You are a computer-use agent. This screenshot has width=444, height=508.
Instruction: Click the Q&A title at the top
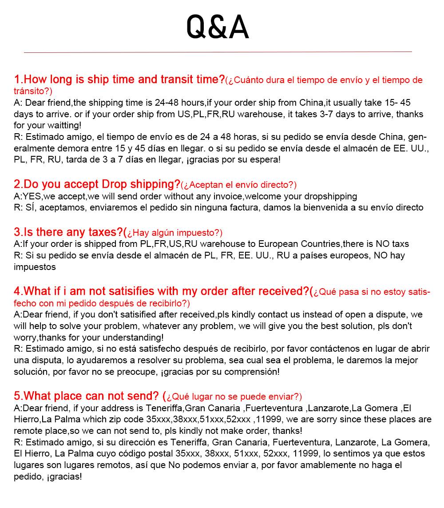click(x=218, y=27)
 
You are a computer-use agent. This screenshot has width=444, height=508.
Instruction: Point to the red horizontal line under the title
click(x=218, y=52)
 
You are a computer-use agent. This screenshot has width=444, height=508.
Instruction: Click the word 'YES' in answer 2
click(x=32, y=196)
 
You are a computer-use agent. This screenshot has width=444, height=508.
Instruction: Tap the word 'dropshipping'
click(x=331, y=196)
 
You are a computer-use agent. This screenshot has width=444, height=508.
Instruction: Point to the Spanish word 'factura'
click(x=243, y=207)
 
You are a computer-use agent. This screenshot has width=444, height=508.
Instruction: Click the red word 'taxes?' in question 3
click(x=106, y=232)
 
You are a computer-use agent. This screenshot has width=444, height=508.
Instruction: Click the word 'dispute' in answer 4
click(x=390, y=314)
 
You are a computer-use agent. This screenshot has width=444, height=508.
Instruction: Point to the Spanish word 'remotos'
click(x=87, y=465)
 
